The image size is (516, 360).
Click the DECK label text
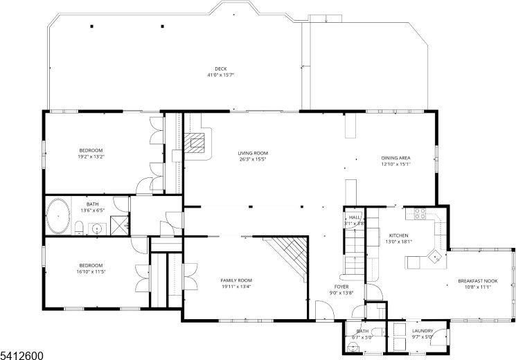point(220,69)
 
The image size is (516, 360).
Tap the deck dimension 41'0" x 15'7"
point(220,75)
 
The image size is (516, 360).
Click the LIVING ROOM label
point(253,153)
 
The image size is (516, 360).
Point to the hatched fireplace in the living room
point(199,143)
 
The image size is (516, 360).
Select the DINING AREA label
point(395,159)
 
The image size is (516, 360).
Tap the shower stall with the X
point(120,223)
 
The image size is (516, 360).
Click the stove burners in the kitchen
point(420,213)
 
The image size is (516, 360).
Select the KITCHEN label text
point(398,235)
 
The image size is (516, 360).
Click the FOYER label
point(341,286)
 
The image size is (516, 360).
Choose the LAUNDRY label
point(422,331)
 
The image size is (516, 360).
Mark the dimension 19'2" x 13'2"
point(91,156)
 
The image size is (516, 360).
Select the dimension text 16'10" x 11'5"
point(91,271)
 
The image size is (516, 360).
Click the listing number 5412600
point(22,354)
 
